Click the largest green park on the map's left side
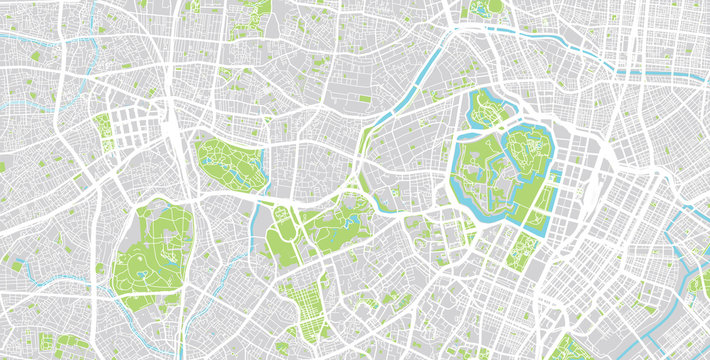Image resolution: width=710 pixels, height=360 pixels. (150, 250)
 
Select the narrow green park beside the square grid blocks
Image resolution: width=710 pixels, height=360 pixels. (103, 131)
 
